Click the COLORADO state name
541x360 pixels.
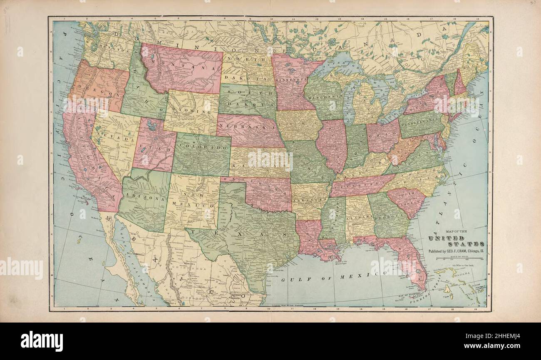click(203, 148)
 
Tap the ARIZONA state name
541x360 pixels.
click(144, 199)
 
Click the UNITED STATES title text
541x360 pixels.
click(456, 241)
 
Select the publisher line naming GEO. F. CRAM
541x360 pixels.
click(456, 251)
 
